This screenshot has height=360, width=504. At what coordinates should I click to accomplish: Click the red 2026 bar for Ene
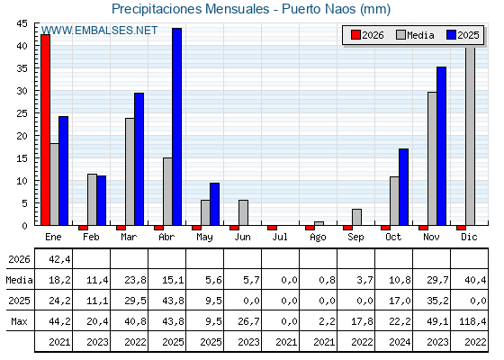coord(45,130)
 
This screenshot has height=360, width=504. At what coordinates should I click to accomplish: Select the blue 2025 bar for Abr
coord(176,127)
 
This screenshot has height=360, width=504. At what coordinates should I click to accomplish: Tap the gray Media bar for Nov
coord(432,158)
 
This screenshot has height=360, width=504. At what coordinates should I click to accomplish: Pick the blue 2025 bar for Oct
coord(404,187)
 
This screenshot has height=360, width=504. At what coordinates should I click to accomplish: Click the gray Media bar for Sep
coord(356,217)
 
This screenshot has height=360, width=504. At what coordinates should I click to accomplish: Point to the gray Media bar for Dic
coord(470,136)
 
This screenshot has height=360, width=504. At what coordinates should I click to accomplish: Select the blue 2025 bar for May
coord(215,203)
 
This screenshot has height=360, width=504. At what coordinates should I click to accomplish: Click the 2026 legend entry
coord(367,35)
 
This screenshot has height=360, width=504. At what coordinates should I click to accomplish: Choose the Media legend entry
coord(415,35)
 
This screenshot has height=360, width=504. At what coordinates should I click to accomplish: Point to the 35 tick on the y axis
coord(22,68)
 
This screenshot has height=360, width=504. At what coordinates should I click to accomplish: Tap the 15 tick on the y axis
coord(22,158)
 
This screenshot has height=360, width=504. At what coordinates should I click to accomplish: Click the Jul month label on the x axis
coord(280,238)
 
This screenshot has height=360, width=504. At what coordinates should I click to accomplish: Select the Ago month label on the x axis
coord(318,238)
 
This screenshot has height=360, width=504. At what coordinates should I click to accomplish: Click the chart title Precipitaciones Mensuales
coord(191,9)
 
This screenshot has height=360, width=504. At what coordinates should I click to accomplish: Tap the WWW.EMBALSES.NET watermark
coord(99,31)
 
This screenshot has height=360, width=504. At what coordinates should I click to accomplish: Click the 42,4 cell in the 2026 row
coord(59,259)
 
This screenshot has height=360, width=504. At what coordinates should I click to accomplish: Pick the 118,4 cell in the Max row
coord(472,321)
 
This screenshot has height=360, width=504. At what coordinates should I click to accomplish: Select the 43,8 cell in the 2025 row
coord(173,301)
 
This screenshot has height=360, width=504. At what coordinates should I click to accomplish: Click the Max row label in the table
coord(19,321)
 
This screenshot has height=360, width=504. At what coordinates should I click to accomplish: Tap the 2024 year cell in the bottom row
coord(400,342)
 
